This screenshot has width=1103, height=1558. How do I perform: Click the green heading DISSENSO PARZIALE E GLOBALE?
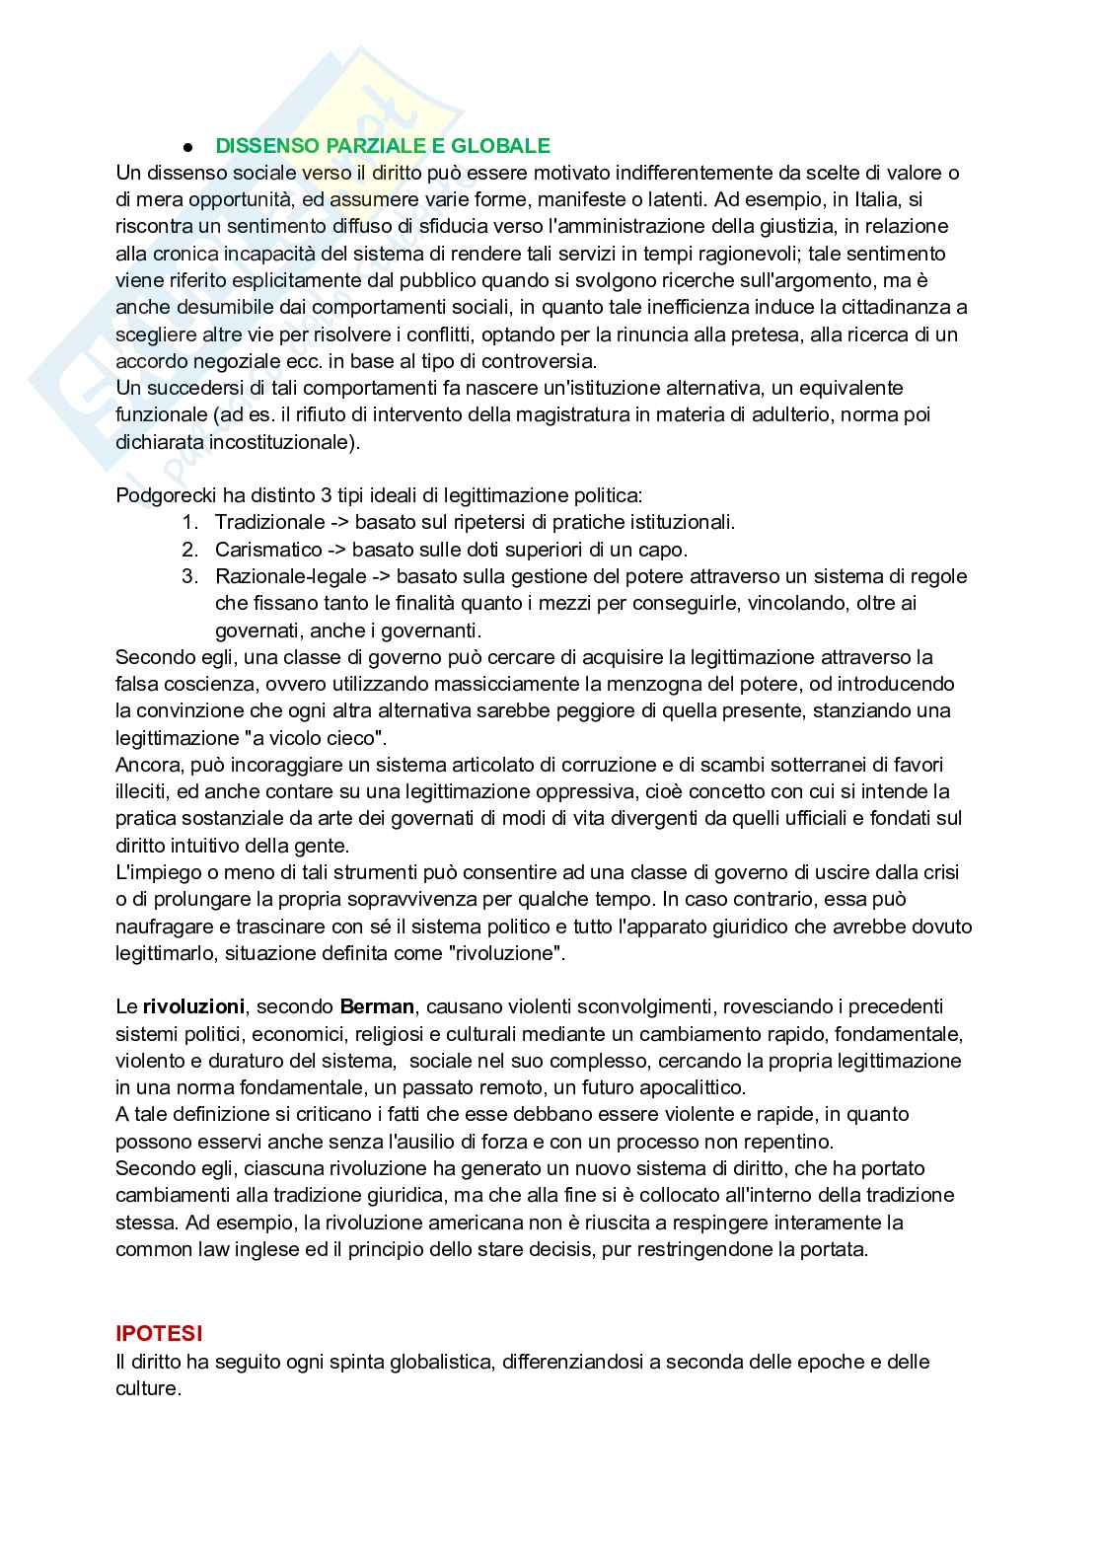pos(383,146)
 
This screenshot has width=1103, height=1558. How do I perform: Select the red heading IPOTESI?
pos(159,1333)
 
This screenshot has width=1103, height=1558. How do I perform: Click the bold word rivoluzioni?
pos(193,1006)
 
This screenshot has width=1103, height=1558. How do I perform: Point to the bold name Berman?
pos(377,1006)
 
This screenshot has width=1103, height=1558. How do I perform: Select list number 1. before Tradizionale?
pos(189,522)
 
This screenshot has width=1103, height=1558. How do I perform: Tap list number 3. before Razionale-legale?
pos(189,576)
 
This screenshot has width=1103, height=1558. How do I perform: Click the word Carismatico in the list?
pos(268,550)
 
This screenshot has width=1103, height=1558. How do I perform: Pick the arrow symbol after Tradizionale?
pos(339,522)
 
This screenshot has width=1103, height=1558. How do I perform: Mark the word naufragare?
pos(160,927)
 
